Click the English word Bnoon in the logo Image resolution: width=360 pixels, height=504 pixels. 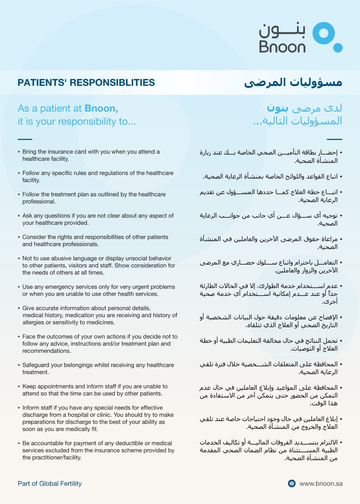(282, 47)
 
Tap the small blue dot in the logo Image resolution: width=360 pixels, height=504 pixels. (338, 48)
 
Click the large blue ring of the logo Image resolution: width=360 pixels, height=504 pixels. (324, 33)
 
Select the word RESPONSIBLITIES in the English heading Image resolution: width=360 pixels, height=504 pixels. (112, 82)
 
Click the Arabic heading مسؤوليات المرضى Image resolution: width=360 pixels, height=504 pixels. (293, 82)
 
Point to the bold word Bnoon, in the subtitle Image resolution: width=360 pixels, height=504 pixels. (101, 108)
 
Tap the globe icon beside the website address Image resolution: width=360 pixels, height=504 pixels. (292, 483)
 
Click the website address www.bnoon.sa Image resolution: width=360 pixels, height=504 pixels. (321, 483)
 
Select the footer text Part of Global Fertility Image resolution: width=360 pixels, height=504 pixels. (50, 483)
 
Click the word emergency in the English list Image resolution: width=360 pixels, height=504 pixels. (63, 287)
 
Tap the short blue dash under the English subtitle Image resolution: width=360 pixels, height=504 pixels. (25, 139)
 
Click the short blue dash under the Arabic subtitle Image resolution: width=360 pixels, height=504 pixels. (334, 139)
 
